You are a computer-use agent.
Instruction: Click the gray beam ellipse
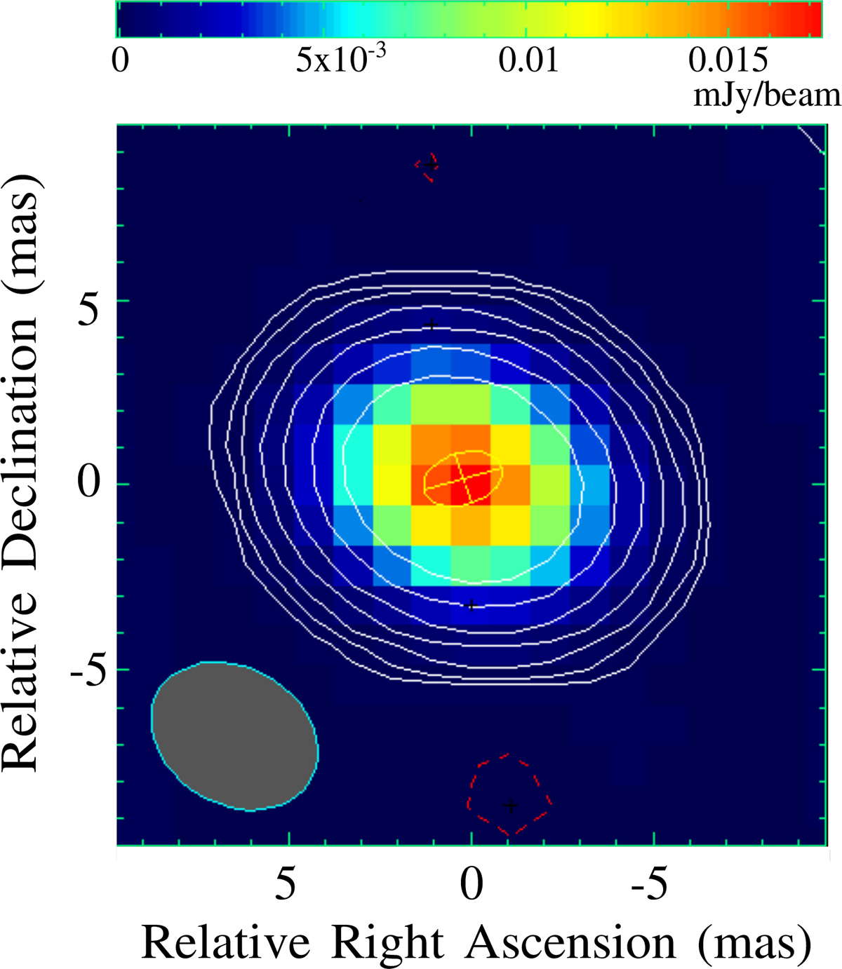point(234,736)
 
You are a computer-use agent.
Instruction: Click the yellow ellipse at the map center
point(463,477)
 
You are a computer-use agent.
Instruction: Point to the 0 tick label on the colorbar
point(121,61)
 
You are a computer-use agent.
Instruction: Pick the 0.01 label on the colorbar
point(528,61)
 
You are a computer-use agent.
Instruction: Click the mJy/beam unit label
point(766,95)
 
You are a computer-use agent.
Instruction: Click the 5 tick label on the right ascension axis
point(285,885)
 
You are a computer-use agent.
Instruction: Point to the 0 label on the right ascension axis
point(471,885)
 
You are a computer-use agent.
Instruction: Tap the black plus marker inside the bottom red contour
point(511,805)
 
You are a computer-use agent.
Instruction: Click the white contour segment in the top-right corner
point(813,139)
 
